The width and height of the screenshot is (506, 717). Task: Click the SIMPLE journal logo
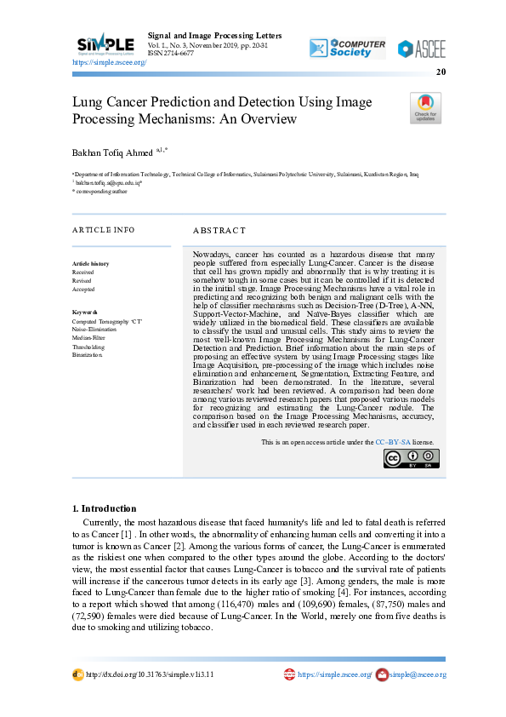pyautogui.click(x=105, y=43)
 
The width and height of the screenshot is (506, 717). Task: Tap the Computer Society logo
pyautogui.click(x=347, y=48)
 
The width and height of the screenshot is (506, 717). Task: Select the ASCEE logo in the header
pyautogui.click(x=421, y=49)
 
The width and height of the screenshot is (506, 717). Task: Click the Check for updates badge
pyautogui.click(x=425, y=109)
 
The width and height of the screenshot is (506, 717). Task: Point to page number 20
pyautogui.click(x=441, y=72)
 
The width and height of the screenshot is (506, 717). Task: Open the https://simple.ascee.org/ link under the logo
pyautogui.click(x=110, y=63)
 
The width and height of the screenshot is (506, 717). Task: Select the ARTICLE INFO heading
pyautogui.click(x=103, y=230)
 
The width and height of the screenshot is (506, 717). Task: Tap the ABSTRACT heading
pyautogui.click(x=219, y=230)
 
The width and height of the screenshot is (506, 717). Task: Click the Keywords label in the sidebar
pyautogui.click(x=85, y=313)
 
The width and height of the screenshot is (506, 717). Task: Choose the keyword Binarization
pyautogui.click(x=88, y=355)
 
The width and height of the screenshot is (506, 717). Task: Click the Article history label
pyautogui.click(x=90, y=264)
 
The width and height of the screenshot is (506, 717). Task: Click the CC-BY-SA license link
pyautogui.click(x=393, y=442)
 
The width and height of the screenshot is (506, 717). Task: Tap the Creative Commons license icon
pyautogui.click(x=407, y=459)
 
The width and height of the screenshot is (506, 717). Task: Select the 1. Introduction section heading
pyautogui.click(x=104, y=508)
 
